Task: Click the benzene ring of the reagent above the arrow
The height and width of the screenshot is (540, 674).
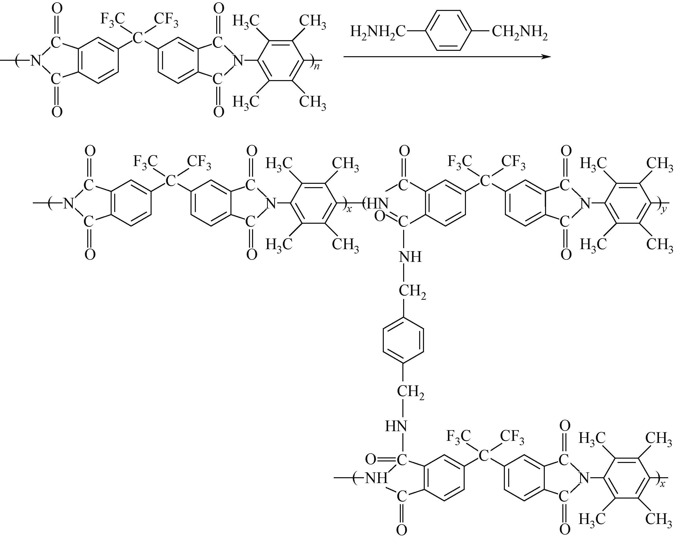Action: point(448,30)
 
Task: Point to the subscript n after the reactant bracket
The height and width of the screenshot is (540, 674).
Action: point(317,67)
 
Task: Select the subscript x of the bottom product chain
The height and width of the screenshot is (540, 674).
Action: point(662,484)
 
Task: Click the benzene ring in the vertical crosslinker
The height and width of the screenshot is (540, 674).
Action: point(403,340)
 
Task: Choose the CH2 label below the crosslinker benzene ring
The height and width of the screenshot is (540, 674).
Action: point(411,392)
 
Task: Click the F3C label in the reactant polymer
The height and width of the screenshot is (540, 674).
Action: point(112,19)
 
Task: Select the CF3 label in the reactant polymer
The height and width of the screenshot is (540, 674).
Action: point(166,19)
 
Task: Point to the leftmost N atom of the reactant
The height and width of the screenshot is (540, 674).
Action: point(36,60)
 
